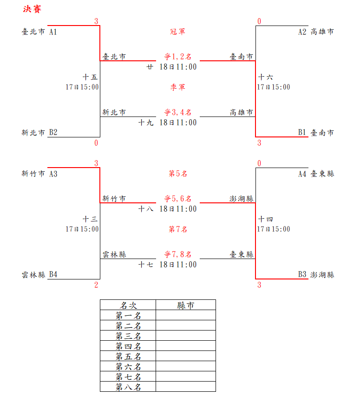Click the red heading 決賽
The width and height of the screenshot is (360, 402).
pyautogui.click(x=33, y=9)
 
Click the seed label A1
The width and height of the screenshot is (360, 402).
pyautogui.click(x=53, y=32)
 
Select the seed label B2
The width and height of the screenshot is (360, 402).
pyautogui.click(x=53, y=132)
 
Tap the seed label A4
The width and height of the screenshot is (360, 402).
pyautogui.click(x=302, y=174)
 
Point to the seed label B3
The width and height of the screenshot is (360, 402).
pyautogui.click(x=302, y=274)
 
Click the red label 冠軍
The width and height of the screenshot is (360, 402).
pyautogui.click(x=178, y=32)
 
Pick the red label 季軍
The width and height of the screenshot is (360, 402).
pyautogui.click(x=178, y=87)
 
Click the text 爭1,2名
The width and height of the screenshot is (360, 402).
pyautogui.click(x=178, y=57)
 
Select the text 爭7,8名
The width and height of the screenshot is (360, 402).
pyautogui.click(x=178, y=255)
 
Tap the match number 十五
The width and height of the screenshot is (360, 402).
pyautogui.click(x=90, y=77)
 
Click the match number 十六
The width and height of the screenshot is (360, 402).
pyautogui.click(x=266, y=77)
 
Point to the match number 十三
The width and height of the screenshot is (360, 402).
pyautogui.click(x=90, y=219)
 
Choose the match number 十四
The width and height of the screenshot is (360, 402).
pyautogui.click(x=266, y=219)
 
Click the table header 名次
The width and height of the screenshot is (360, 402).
pyautogui.click(x=128, y=305)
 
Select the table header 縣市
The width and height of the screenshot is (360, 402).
pyautogui.click(x=186, y=305)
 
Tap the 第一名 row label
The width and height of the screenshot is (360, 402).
pyautogui.click(x=128, y=315)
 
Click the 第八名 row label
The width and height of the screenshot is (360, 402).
pyautogui.click(x=128, y=387)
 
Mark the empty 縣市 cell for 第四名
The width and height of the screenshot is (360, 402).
pyautogui.click(x=186, y=346)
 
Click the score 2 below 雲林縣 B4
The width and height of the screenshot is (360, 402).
pyautogui.click(x=96, y=285)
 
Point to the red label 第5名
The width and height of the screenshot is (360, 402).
pyautogui.click(x=178, y=174)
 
